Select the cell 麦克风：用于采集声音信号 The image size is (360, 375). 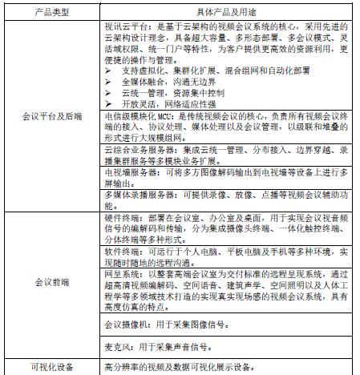tap(156, 347)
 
